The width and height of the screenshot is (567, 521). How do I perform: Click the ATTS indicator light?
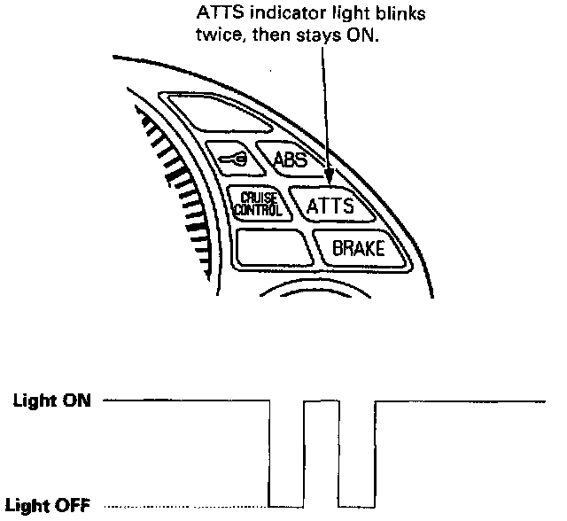[x=330, y=206]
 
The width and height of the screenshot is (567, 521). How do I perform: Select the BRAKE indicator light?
[x=358, y=248]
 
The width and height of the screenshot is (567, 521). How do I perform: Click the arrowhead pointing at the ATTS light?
[x=330, y=180]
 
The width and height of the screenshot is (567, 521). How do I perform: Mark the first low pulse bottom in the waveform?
[x=285, y=506]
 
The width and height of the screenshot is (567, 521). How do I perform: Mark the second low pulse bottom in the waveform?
[x=358, y=506]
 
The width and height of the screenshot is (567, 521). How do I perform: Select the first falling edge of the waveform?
[x=269, y=452]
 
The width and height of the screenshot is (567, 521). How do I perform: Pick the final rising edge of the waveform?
[x=376, y=452]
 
